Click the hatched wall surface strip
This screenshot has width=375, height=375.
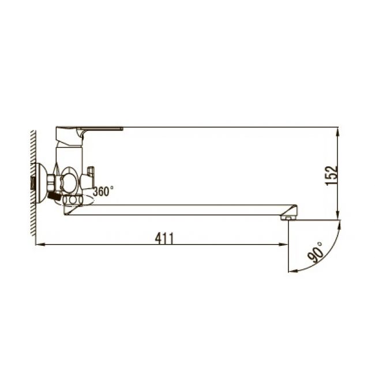[33, 185]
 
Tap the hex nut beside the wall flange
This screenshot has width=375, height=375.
[52, 183]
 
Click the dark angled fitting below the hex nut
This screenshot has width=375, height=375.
[54, 196]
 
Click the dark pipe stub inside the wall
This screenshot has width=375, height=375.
[32, 184]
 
